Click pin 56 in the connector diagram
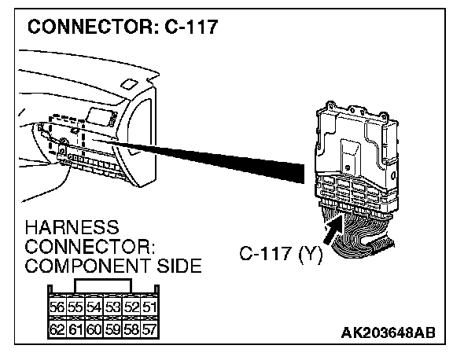(x=57, y=307)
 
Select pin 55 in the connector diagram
(x=75, y=307)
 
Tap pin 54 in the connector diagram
(x=94, y=307)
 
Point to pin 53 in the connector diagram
(x=112, y=307)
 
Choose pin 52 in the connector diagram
(x=131, y=307)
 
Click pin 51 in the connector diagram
(x=149, y=307)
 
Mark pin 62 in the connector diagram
(x=57, y=329)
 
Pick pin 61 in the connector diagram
(x=75, y=329)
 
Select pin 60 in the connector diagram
(x=94, y=329)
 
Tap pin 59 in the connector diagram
(x=112, y=329)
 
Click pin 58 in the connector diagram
(x=131, y=329)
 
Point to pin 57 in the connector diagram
(x=149, y=329)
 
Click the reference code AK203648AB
(x=388, y=332)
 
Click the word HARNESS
(x=72, y=227)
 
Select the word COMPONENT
(x=88, y=266)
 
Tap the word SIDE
(x=179, y=266)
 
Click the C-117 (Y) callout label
(x=281, y=254)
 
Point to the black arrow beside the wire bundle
(x=333, y=230)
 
